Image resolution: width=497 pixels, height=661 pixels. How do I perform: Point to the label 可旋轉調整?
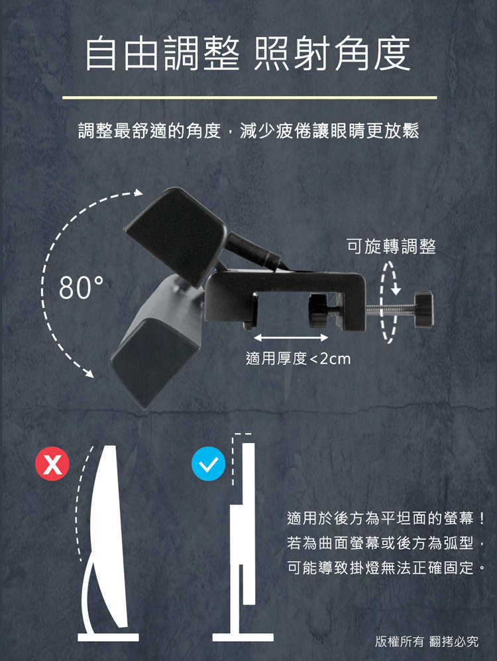pyautogui.click(x=391, y=246)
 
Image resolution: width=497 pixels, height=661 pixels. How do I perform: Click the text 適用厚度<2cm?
pyautogui.click(x=298, y=359)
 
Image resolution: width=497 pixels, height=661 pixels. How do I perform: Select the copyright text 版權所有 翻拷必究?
pyautogui.click(x=426, y=641)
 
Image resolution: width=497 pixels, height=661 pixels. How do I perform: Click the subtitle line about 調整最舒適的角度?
pyautogui.click(x=248, y=130)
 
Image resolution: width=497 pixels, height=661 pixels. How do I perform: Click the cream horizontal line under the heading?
pyautogui.click(x=249, y=98)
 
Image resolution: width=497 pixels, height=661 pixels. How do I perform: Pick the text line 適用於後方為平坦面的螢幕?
pyautogui.click(x=387, y=517)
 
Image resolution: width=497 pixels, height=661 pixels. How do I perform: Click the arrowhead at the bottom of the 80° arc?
pyautogui.click(x=87, y=372)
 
